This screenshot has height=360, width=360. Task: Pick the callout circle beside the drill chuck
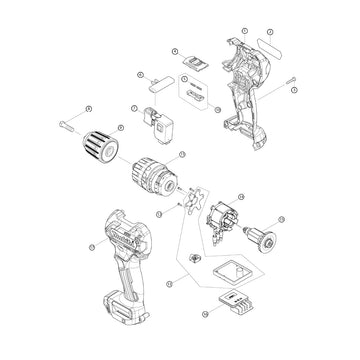click(121, 127)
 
